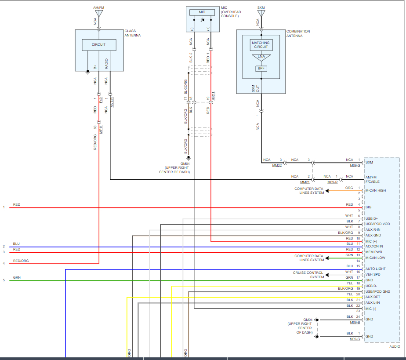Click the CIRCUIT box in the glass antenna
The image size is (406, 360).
click(99, 45)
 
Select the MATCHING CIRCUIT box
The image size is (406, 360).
click(261, 45)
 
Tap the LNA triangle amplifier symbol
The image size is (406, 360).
click(261, 57)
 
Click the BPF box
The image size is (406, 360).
click(261, 69)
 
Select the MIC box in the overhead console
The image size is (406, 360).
click(202, 12)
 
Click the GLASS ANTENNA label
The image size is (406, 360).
click(132, 33)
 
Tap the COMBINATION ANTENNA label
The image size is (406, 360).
click(298, 33)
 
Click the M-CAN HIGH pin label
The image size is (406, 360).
click(375, 190)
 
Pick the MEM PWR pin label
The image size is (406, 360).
click(373, 252)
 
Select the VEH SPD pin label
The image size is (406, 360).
click(373, 274)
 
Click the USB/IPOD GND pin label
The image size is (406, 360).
click(378, 291)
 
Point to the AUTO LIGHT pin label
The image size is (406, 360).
click(375, 269)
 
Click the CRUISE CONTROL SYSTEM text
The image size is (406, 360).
click(308, 275)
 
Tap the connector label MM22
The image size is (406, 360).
click(277, 166)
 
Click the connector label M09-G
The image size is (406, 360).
click(355, 339)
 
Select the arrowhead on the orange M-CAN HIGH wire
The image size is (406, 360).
click(327, 191)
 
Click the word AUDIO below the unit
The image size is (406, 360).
click(395, 346)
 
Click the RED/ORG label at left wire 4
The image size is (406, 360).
click(21, 261)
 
